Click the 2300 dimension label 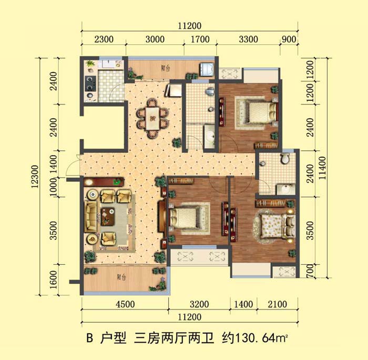point(104,39)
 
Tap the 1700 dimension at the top point(200,39)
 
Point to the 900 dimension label point(289,39)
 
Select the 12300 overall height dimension point(35,177)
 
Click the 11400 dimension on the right point(322,168)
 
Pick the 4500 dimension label point(125,304)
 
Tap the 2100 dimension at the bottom point(278,304)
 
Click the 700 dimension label point(310,271)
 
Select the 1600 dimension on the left point(54,280)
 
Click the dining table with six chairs point(152,118)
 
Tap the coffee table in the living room point(108,217)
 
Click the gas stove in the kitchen point(90,84)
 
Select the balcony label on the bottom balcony point(121,277)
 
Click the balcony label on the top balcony point(166,68)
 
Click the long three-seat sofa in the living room point(91,216)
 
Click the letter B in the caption point(90,338)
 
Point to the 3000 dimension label point(155,39)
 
